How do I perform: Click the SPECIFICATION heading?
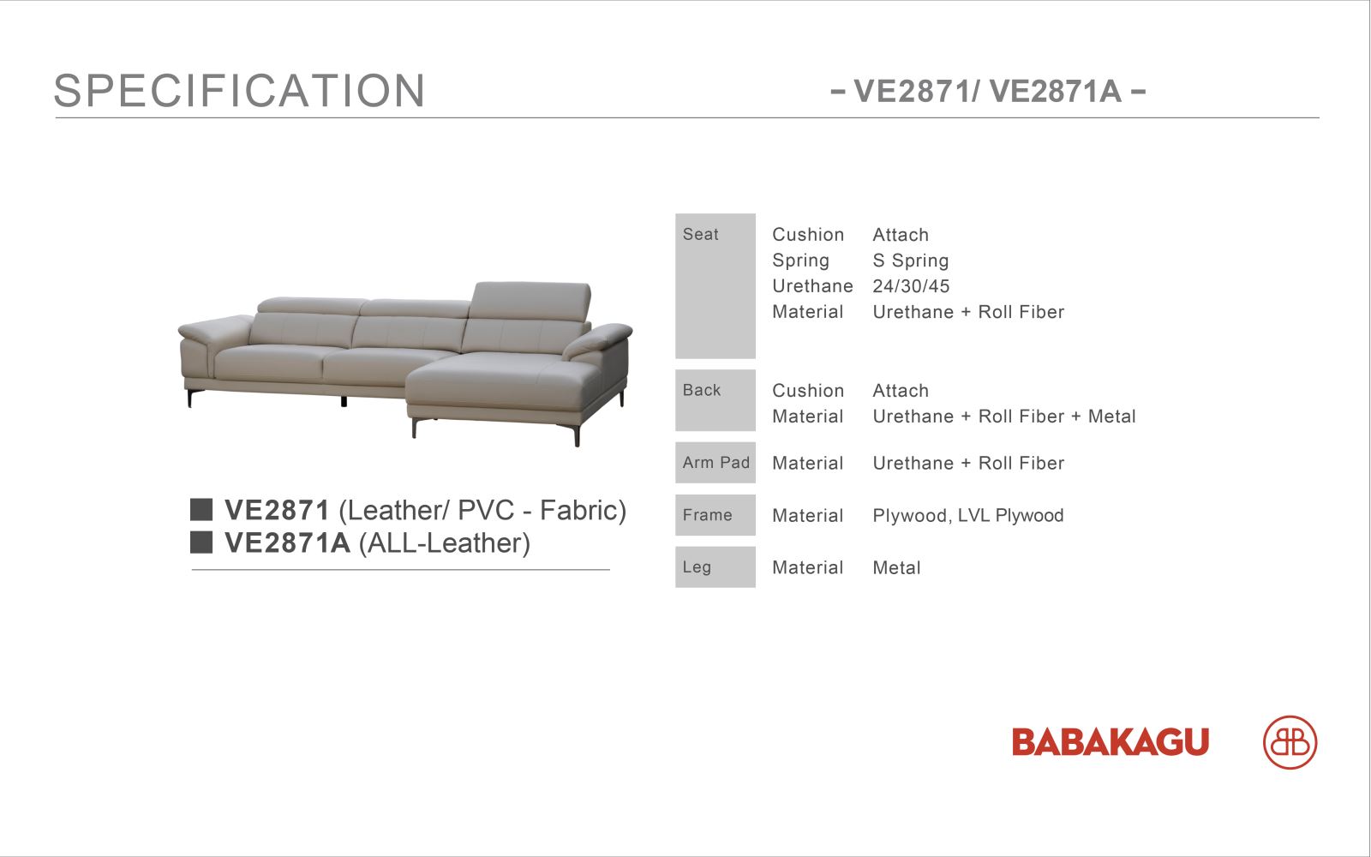[239, 91]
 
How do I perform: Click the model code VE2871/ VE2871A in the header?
[988, 92]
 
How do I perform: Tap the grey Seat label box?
[715, 286]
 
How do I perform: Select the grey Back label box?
[715, 400]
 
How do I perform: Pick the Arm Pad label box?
[715, 463]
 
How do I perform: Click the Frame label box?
[715, 515]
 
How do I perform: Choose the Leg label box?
[715, 567]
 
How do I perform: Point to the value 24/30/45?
[911, 286]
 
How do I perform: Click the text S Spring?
[911, 261]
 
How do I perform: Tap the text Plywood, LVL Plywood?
[968, 515]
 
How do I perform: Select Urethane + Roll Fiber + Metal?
[1004, 417]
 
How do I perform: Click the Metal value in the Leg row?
[896, 568]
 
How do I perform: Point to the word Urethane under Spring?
[812, 286]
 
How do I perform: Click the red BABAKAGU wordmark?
[1111, 742]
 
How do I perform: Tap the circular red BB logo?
[1290, 742]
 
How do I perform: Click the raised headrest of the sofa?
[530, 301]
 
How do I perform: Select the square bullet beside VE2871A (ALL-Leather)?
[201, 542]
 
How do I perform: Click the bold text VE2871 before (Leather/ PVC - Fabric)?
[278, 510]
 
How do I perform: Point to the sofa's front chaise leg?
[577, 434]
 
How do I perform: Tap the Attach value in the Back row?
[901, 391]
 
